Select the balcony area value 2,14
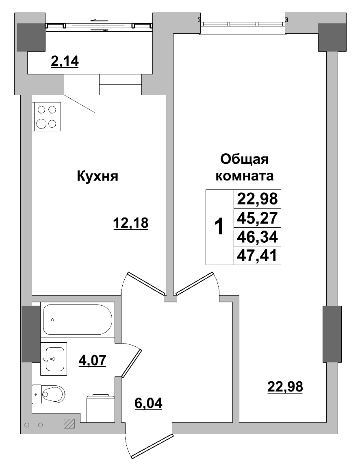click(64, 61)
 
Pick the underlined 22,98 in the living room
click(285, 387)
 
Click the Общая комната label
click(244, 167)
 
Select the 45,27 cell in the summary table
click(257, 218)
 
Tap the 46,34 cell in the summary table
click(257, 237)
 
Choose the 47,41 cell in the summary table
click(257, 255)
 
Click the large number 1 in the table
click(219, 227)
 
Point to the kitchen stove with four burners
click(47, 117)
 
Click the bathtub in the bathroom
click(77, 320)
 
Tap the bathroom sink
click(54, 359)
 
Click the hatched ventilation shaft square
click(69, 424)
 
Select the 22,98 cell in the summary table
click(257, 199)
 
